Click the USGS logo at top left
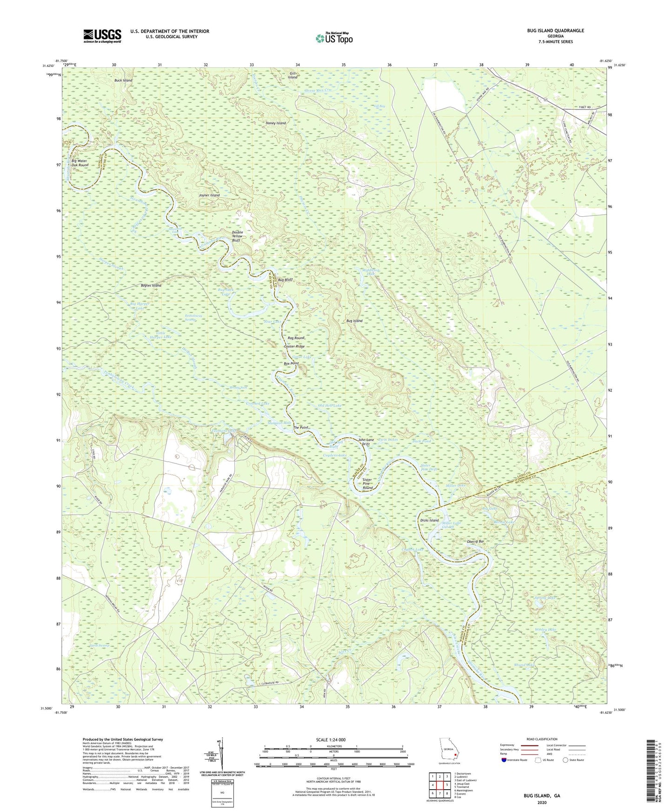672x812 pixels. pos(102,36)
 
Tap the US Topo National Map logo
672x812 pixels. pos(334,38)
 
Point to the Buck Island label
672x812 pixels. pos(123,80)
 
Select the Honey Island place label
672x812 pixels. pos(275,123)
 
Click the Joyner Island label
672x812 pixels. pos(206,195)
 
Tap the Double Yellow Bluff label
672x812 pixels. pos(237,236)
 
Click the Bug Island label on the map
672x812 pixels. pos(354,321)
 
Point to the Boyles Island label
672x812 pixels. pos(151,286)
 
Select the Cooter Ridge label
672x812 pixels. pos(294,347)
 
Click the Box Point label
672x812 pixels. pos(291,363)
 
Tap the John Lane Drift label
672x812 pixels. pos(366,442)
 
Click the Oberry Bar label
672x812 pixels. pos(475,542)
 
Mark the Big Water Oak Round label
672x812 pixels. pos(77,163)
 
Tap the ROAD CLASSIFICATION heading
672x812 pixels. pos(542,739)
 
